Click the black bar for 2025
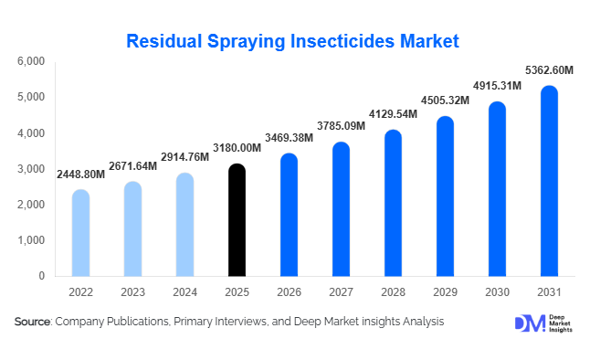coord(237,220)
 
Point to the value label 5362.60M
coord(548,69)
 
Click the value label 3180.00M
coord(237,148)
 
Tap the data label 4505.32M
coord(445,101)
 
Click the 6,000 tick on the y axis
coord(31,61)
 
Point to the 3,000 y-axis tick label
coord(31,169)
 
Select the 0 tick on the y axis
coord(41,276)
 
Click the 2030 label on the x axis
coord(497,291)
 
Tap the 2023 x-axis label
coord(132,291)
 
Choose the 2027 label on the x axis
coord(341,291)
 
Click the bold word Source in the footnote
coord(33,322)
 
